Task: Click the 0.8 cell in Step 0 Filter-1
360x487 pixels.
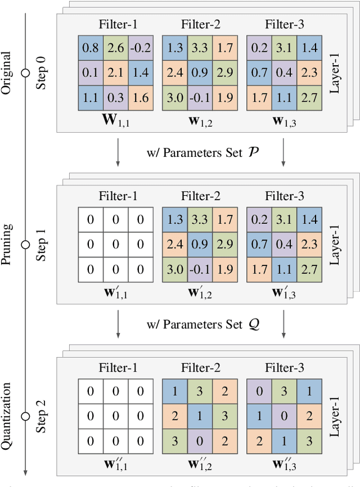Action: click(x=89, y=49)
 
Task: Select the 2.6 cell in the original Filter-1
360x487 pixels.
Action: click(x=115, y=49)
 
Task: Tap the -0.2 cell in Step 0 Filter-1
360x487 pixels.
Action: click(x=141, y=49)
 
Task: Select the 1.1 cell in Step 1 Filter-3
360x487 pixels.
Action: click(x=285, y=269)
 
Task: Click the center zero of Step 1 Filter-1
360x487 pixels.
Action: click(x=115, y=244)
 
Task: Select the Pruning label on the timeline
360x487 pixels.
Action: click(x=7, y=244)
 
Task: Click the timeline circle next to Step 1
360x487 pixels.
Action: click(x=24, y=244)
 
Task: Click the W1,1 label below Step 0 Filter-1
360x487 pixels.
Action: click(x=115, y=121)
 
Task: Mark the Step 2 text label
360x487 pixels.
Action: click(x=41, y=416)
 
